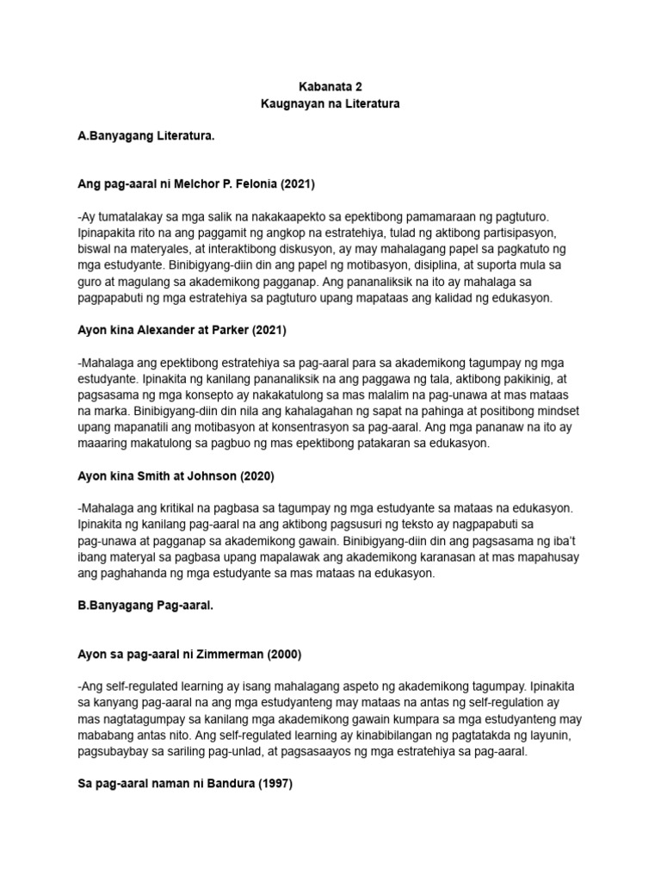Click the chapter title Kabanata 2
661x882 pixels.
pyautogui.click(x=330, y=87)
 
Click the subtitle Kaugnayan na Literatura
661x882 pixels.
pyautogui.click(x=330, y=104)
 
